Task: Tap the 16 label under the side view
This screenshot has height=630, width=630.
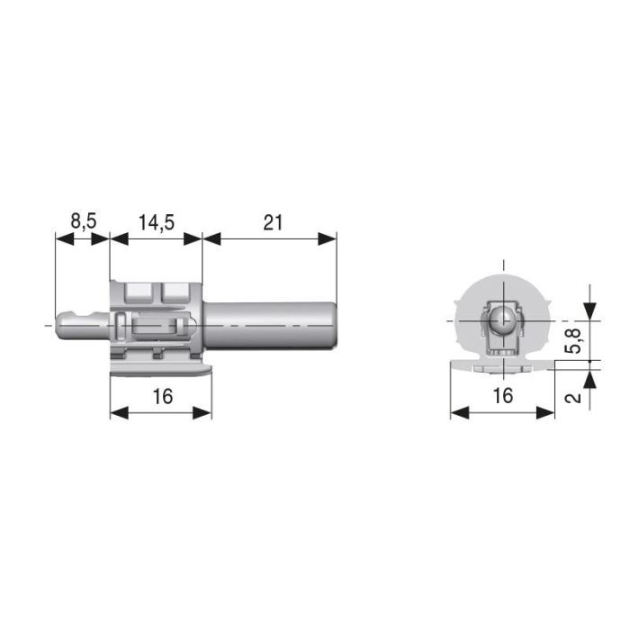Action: point(161,396)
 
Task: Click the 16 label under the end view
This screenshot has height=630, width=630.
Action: point(502,396)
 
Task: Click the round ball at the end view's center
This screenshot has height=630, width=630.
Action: point(503,319)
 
